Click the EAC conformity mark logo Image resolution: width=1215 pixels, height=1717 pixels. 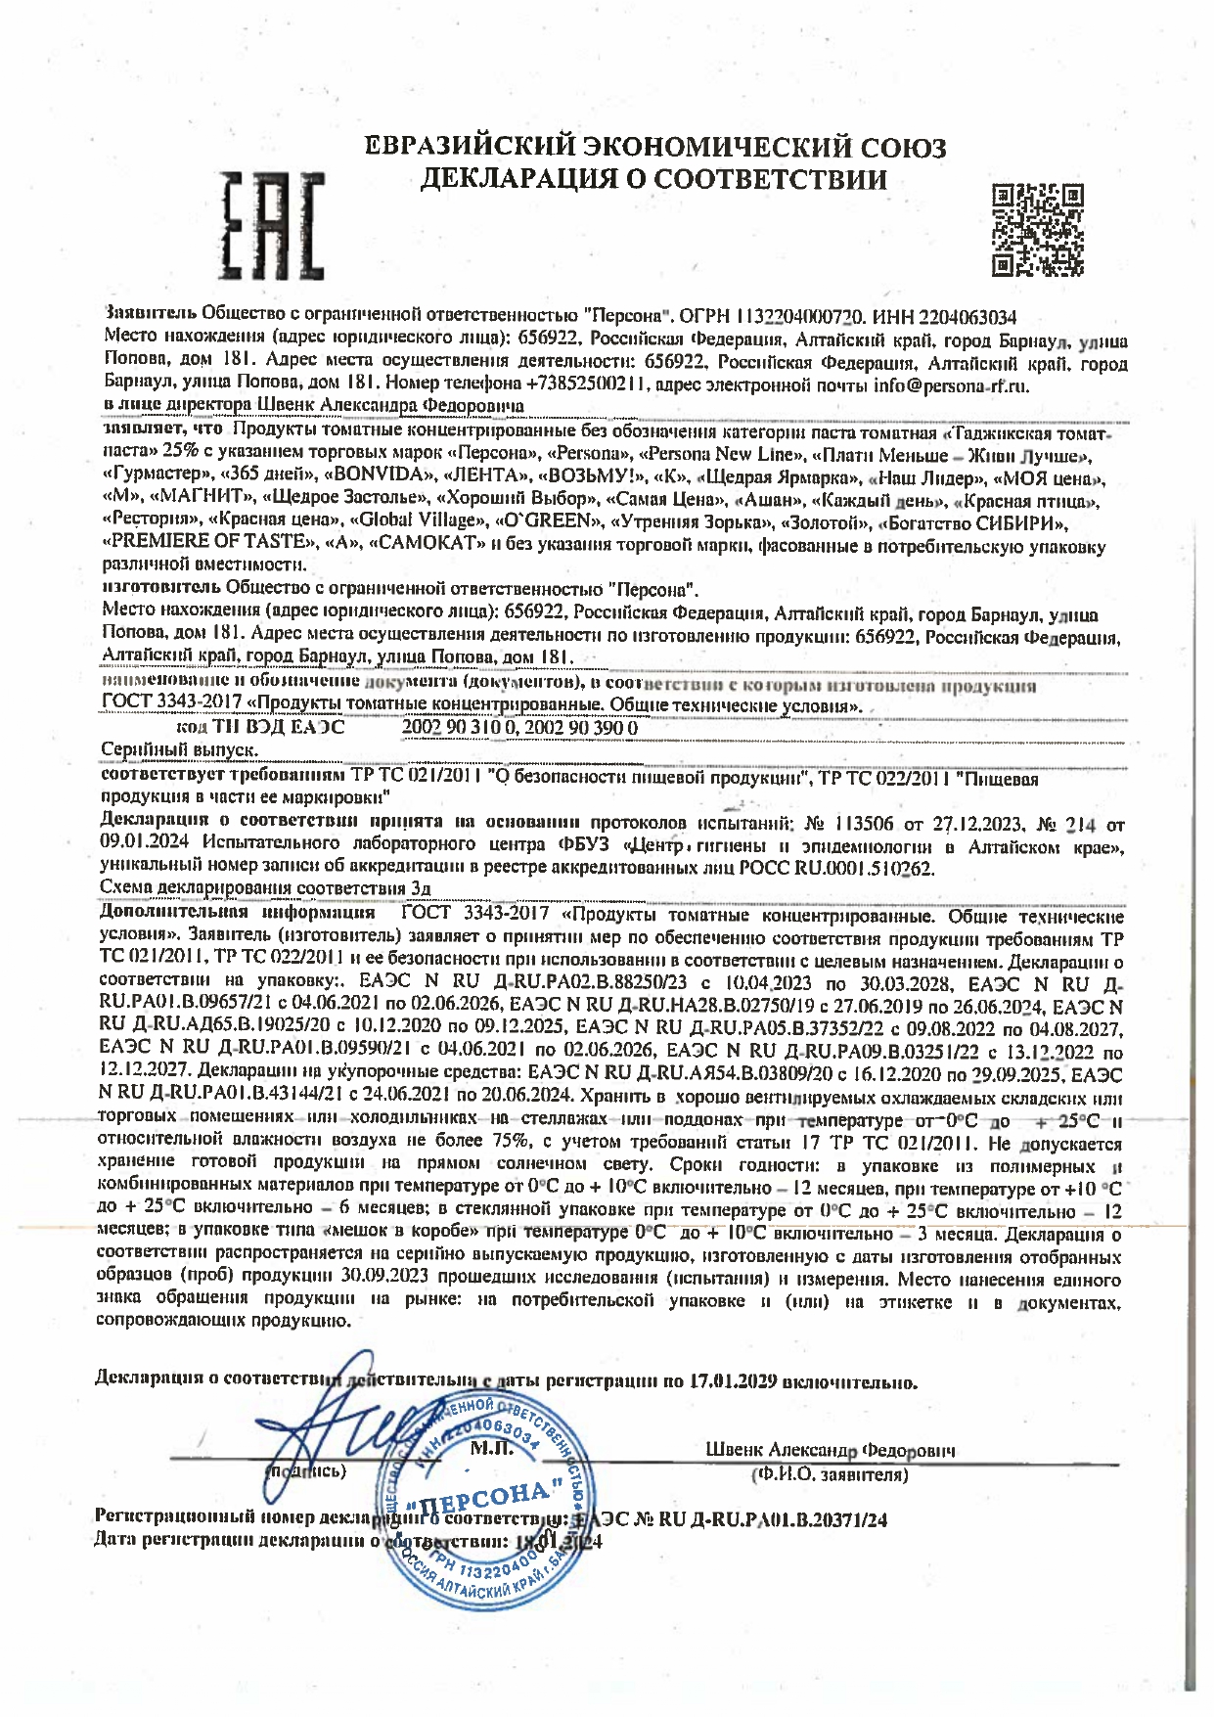tap(271, 225)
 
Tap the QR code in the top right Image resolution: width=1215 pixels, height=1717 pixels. tap(1038, 229)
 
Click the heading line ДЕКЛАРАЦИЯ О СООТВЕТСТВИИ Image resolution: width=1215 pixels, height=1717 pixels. tap(653, 179)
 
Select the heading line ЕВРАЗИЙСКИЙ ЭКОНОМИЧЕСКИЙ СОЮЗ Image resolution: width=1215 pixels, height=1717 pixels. tap(654, 148)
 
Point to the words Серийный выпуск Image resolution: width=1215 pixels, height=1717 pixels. tap(180, 749)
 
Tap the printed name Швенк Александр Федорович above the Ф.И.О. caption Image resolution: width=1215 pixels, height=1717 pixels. tap(831, 1451)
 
